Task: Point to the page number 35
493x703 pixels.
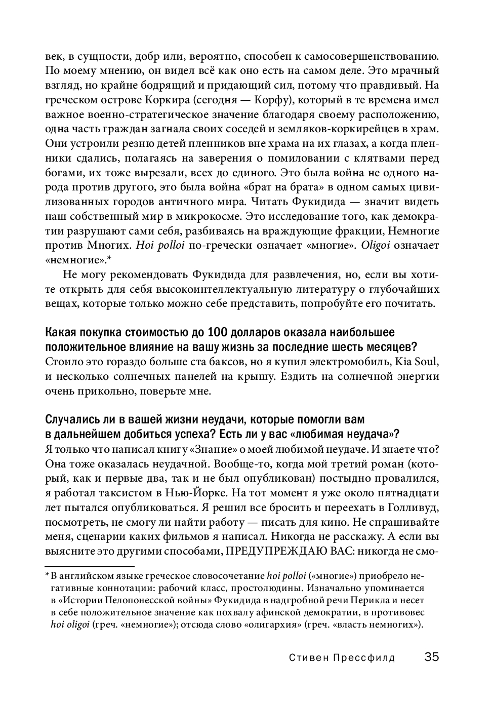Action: (432, 657)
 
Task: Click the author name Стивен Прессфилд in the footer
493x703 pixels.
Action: (342, 658)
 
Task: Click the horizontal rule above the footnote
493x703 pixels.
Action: (90, 567)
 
